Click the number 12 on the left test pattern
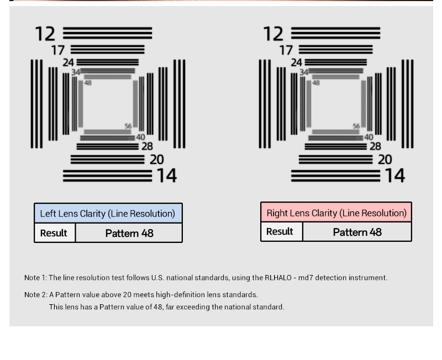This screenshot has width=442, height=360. (45, 34)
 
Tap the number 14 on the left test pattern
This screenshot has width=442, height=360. (166, 176)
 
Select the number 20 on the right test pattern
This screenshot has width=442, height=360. (385, 160)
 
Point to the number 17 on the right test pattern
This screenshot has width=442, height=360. (286, 50)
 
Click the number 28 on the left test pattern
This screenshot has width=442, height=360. (147, 146)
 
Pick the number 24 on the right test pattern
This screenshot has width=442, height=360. (297, 63)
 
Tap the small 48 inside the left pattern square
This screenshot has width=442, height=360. (88, 83)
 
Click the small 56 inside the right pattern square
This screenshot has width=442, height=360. (356, 126)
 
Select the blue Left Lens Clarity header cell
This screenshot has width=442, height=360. (108, 213)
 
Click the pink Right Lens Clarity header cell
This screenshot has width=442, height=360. (336, 213)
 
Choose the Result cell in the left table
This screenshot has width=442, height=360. (54, 233)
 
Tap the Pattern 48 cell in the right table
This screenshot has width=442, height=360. (357, 232)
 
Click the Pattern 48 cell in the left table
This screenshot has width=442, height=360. (129, 233)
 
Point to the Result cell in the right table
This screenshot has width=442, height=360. (280, 231)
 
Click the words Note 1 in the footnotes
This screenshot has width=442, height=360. (35, 278)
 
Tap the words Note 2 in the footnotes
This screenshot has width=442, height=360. (35, 295)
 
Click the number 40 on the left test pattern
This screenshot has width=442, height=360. (140, 137)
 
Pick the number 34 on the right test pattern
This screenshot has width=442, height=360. (304, 72)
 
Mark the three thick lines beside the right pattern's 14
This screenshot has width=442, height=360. (335, 176)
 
